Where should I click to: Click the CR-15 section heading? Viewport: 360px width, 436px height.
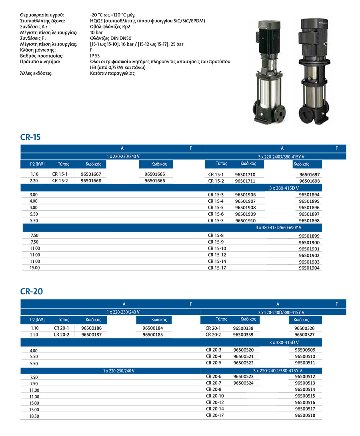click(30, 137)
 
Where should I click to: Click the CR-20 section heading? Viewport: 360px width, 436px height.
click(31, 292)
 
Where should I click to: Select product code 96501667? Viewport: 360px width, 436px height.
click(91, 174)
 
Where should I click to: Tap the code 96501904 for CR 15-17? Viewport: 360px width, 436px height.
click(310, 268)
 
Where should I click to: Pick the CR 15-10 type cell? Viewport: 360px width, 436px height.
click(217, 248)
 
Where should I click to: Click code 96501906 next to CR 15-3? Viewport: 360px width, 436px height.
click(245, 194)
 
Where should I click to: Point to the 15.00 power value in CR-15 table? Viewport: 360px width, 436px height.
click(35, 268)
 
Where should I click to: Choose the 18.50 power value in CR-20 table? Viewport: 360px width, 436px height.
click(35, 416)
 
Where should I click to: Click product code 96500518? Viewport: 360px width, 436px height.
click(305, 416)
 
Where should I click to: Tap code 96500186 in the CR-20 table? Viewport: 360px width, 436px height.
click(91, 328)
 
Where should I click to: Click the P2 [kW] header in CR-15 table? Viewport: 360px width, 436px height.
click(37, 164)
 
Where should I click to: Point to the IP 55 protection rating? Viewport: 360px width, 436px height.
click(95, 56)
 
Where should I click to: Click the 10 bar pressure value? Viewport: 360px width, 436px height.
click(96, 32)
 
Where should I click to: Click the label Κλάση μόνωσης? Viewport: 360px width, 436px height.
click(38, 50)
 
